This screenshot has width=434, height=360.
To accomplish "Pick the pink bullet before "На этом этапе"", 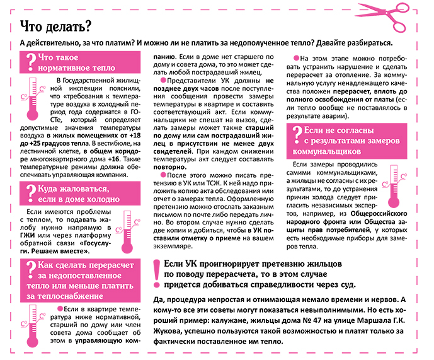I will [297, 59].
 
